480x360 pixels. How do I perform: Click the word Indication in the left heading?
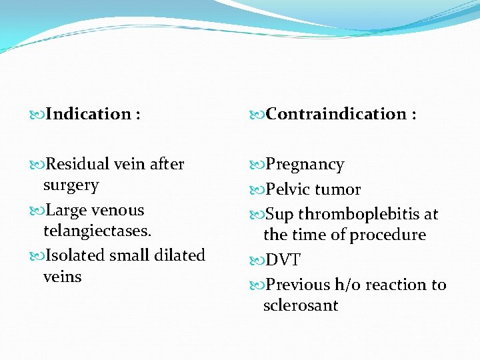coord(89,114)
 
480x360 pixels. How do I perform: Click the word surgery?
coord(71,185)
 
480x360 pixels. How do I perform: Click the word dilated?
coord(178,255)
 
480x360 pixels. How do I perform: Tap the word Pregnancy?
coord(305,165)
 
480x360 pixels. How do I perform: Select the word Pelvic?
coord(288,189)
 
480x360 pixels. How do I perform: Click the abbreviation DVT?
coord(283,260)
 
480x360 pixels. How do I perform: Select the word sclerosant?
coord(301,306)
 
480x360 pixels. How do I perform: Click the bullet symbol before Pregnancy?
coord(258,165)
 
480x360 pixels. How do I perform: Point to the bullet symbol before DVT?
coord(258,260)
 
